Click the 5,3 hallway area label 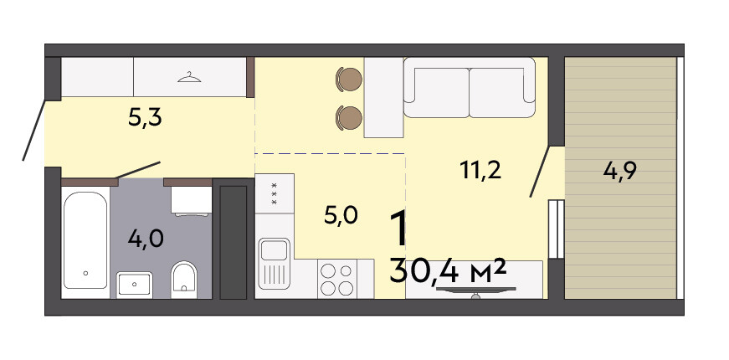coord(145,119)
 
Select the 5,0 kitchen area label coord(341,216)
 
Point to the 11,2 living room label coord(480,171)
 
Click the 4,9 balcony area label coord(619,171)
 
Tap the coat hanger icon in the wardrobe coord(189,77)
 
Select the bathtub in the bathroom coord(85,240)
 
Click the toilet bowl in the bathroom coord(184,277)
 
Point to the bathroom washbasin coord(135,284)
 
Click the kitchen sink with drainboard coord(275,263)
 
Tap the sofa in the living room coord(470,87)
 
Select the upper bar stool coord(349,79)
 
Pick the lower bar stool coord(349,117)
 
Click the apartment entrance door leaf coord(34,130)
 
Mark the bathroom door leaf coord(137,170)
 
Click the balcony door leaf coord(540,172)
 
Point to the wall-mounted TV coord(475,291)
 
